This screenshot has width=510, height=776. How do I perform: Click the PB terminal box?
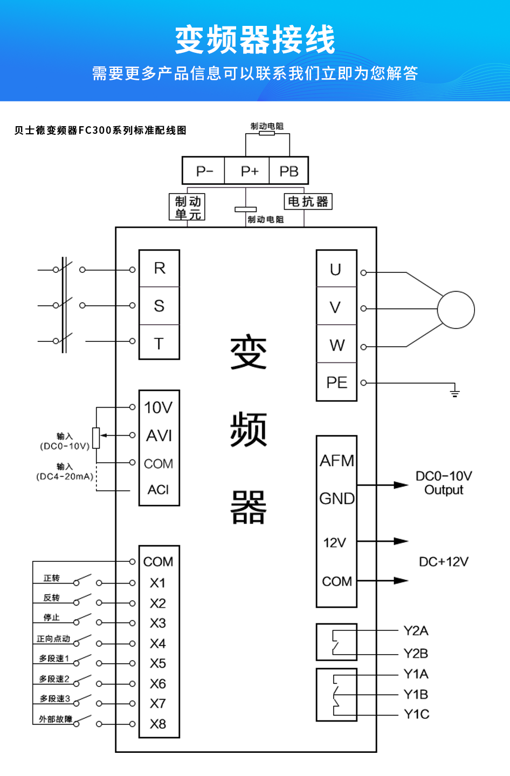288,171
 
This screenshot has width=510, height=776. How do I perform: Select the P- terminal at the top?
204,171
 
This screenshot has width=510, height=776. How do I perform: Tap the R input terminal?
160,268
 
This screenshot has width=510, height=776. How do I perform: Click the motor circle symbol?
456,310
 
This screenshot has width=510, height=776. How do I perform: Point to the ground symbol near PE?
454,392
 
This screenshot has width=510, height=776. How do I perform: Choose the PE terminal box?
336,382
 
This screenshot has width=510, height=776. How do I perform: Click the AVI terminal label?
159,436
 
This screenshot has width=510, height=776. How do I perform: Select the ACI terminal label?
158,490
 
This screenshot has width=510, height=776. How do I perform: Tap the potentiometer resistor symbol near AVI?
96,438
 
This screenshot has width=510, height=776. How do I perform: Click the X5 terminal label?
158,663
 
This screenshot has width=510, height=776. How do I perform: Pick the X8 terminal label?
158,724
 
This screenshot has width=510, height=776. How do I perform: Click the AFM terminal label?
337,461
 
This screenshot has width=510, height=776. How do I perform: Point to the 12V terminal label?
334,542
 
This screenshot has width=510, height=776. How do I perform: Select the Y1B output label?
416,695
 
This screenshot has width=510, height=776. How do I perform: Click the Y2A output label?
416,631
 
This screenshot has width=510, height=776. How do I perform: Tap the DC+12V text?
444,562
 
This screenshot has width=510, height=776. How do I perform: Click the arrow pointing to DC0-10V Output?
399,485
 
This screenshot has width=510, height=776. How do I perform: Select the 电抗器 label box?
308,202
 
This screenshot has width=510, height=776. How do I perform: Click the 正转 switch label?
52,578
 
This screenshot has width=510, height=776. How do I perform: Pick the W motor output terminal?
337,345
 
